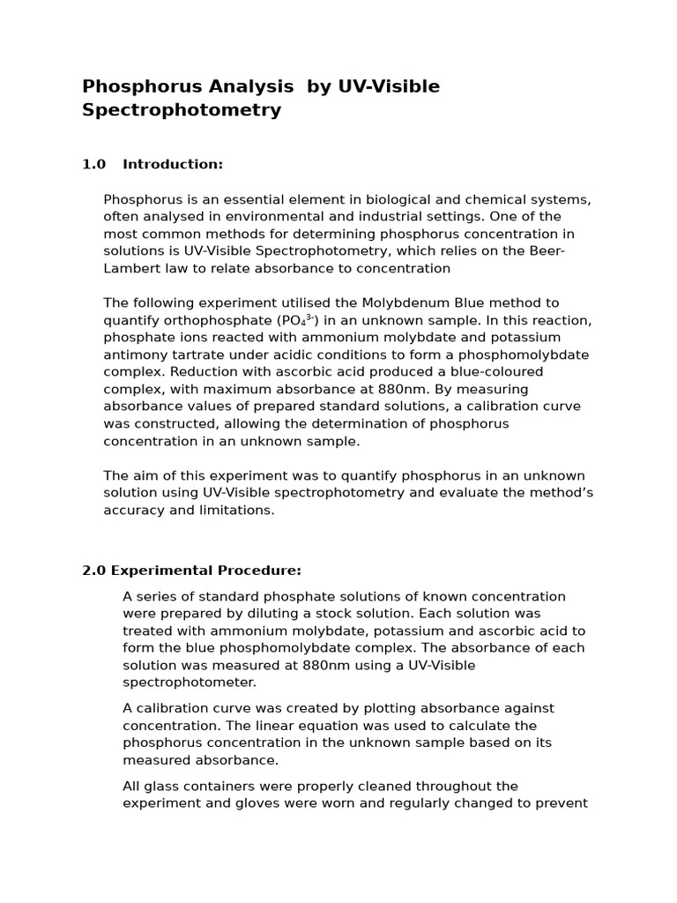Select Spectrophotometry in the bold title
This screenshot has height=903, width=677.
point(182,110)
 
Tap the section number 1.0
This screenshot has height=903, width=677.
point(93,164)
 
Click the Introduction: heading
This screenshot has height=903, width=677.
point(173,164)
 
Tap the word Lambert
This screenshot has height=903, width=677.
point(131,267)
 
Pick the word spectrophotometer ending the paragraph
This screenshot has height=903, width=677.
point(189,682)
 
